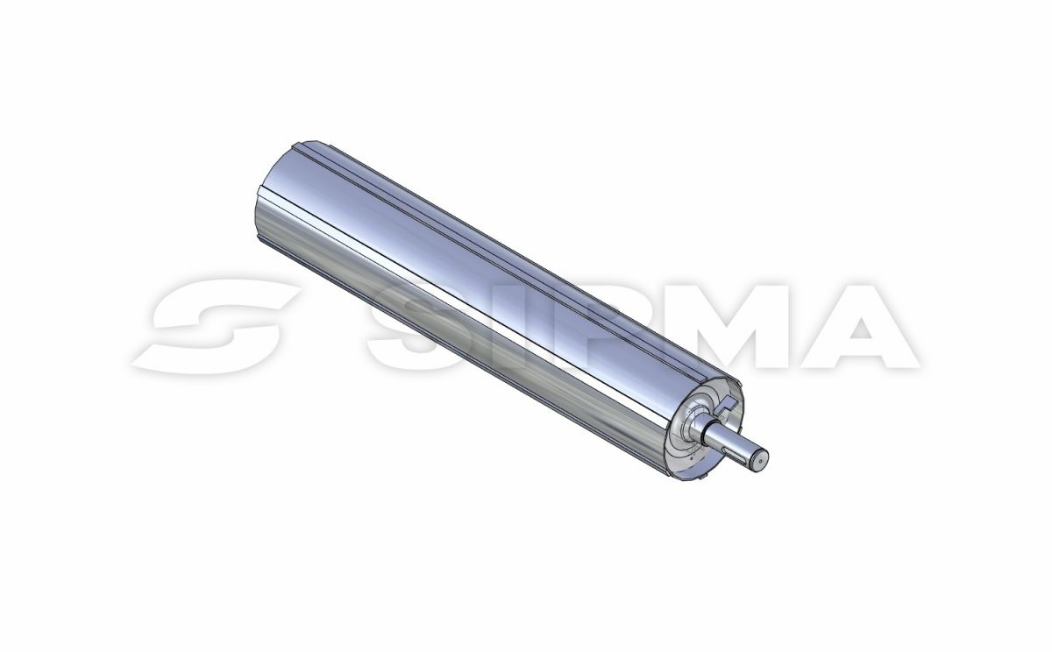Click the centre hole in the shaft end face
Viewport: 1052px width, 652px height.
[x=759, y=462]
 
